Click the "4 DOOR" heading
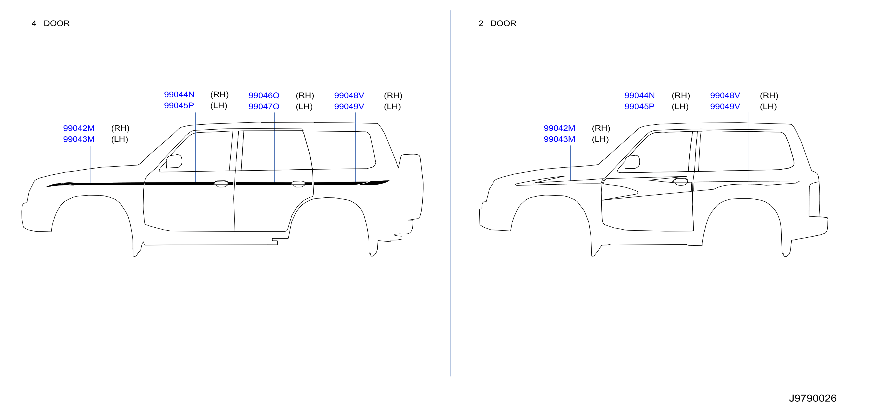[51, 23]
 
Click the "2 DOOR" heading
[497, 23]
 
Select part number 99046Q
[264, 96]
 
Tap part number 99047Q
[264, 107]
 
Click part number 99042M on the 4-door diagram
[79, 128]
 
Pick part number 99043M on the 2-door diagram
[559, 139]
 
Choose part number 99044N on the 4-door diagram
[179, 94]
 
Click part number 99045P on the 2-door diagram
[639, 107]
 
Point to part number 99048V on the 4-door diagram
[349, 96]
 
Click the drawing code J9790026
[812, 398]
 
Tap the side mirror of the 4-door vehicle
[174, 161]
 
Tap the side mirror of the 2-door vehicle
[632, 162]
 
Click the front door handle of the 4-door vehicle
[221, 184]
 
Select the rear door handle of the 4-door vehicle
[298, 184]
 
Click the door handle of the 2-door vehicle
[680, 182]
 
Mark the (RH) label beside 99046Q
[305, 96]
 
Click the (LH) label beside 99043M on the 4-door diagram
[119, 139]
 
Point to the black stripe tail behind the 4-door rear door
[375, 183]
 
